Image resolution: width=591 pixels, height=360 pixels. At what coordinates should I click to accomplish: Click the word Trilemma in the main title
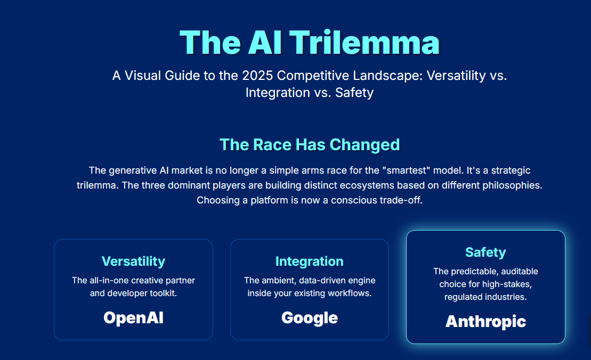pyautogui.click(x=365, y=42)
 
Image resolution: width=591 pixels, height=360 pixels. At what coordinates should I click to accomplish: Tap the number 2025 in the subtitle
pyautogui.click(x=257, y=75)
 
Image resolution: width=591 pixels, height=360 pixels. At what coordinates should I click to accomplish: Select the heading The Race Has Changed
pyautogui.click(x=310, y=145)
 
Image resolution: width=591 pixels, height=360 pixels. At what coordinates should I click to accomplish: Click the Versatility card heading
pyautogui.click(x=133, y=261)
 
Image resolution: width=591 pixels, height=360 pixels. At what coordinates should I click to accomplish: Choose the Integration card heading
pyautogui.click(x=310, y=261)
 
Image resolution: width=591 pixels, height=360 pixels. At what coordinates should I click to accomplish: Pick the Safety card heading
pyautogui.click(x=485, y=252)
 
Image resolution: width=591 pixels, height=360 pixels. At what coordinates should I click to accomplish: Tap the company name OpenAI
pyautogui.click(x=133, y=318)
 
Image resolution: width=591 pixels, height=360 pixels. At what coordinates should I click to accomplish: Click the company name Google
pyautogui.click(x=310, y=318)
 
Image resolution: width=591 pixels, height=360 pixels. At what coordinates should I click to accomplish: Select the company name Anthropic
pyautogui.click(x=485, y=322)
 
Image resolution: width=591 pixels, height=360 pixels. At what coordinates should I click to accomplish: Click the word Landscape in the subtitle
pyautogui.click(x=387, y=75)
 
